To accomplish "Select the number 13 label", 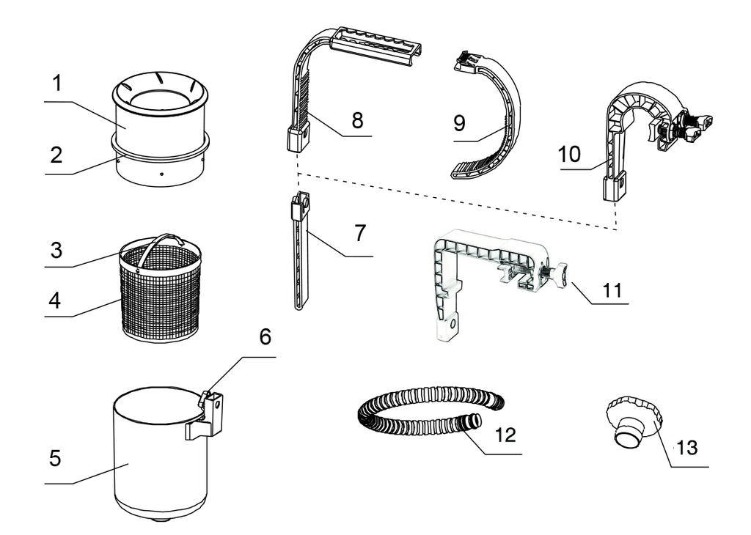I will click(x=686, y=446).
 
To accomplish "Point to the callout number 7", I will click(x=359, y=234).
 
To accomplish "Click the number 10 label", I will click(x=568, y=154).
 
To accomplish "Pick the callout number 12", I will click(x=505, y=435).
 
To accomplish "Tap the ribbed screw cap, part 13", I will click(x=632, y=421).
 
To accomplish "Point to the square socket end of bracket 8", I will click(x=296, y=137).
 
